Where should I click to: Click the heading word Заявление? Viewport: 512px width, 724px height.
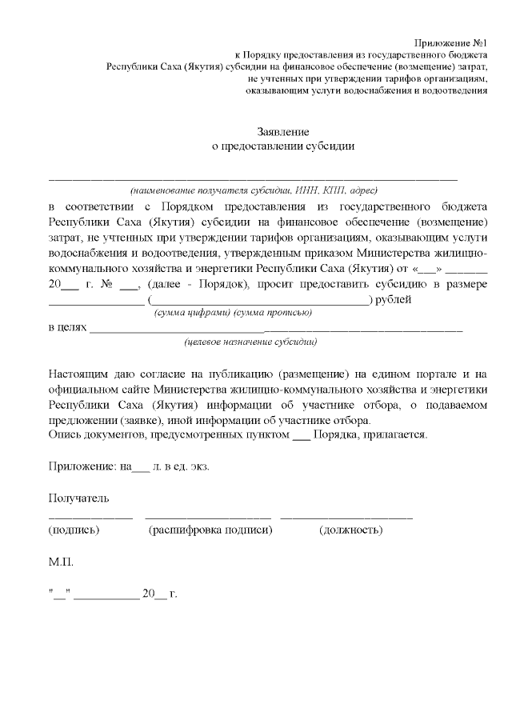pos(282,131)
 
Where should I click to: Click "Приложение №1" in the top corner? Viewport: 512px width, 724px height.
pos(450,42)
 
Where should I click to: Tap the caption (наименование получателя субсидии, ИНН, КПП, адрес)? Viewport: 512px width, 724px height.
pos(254,190)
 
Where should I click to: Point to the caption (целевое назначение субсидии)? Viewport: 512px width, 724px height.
pos(250,342)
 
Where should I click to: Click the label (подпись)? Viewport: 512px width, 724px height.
pos(74,530)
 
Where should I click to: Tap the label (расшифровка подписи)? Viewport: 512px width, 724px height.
pos(211,530)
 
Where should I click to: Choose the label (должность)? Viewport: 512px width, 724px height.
pos(350,530)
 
